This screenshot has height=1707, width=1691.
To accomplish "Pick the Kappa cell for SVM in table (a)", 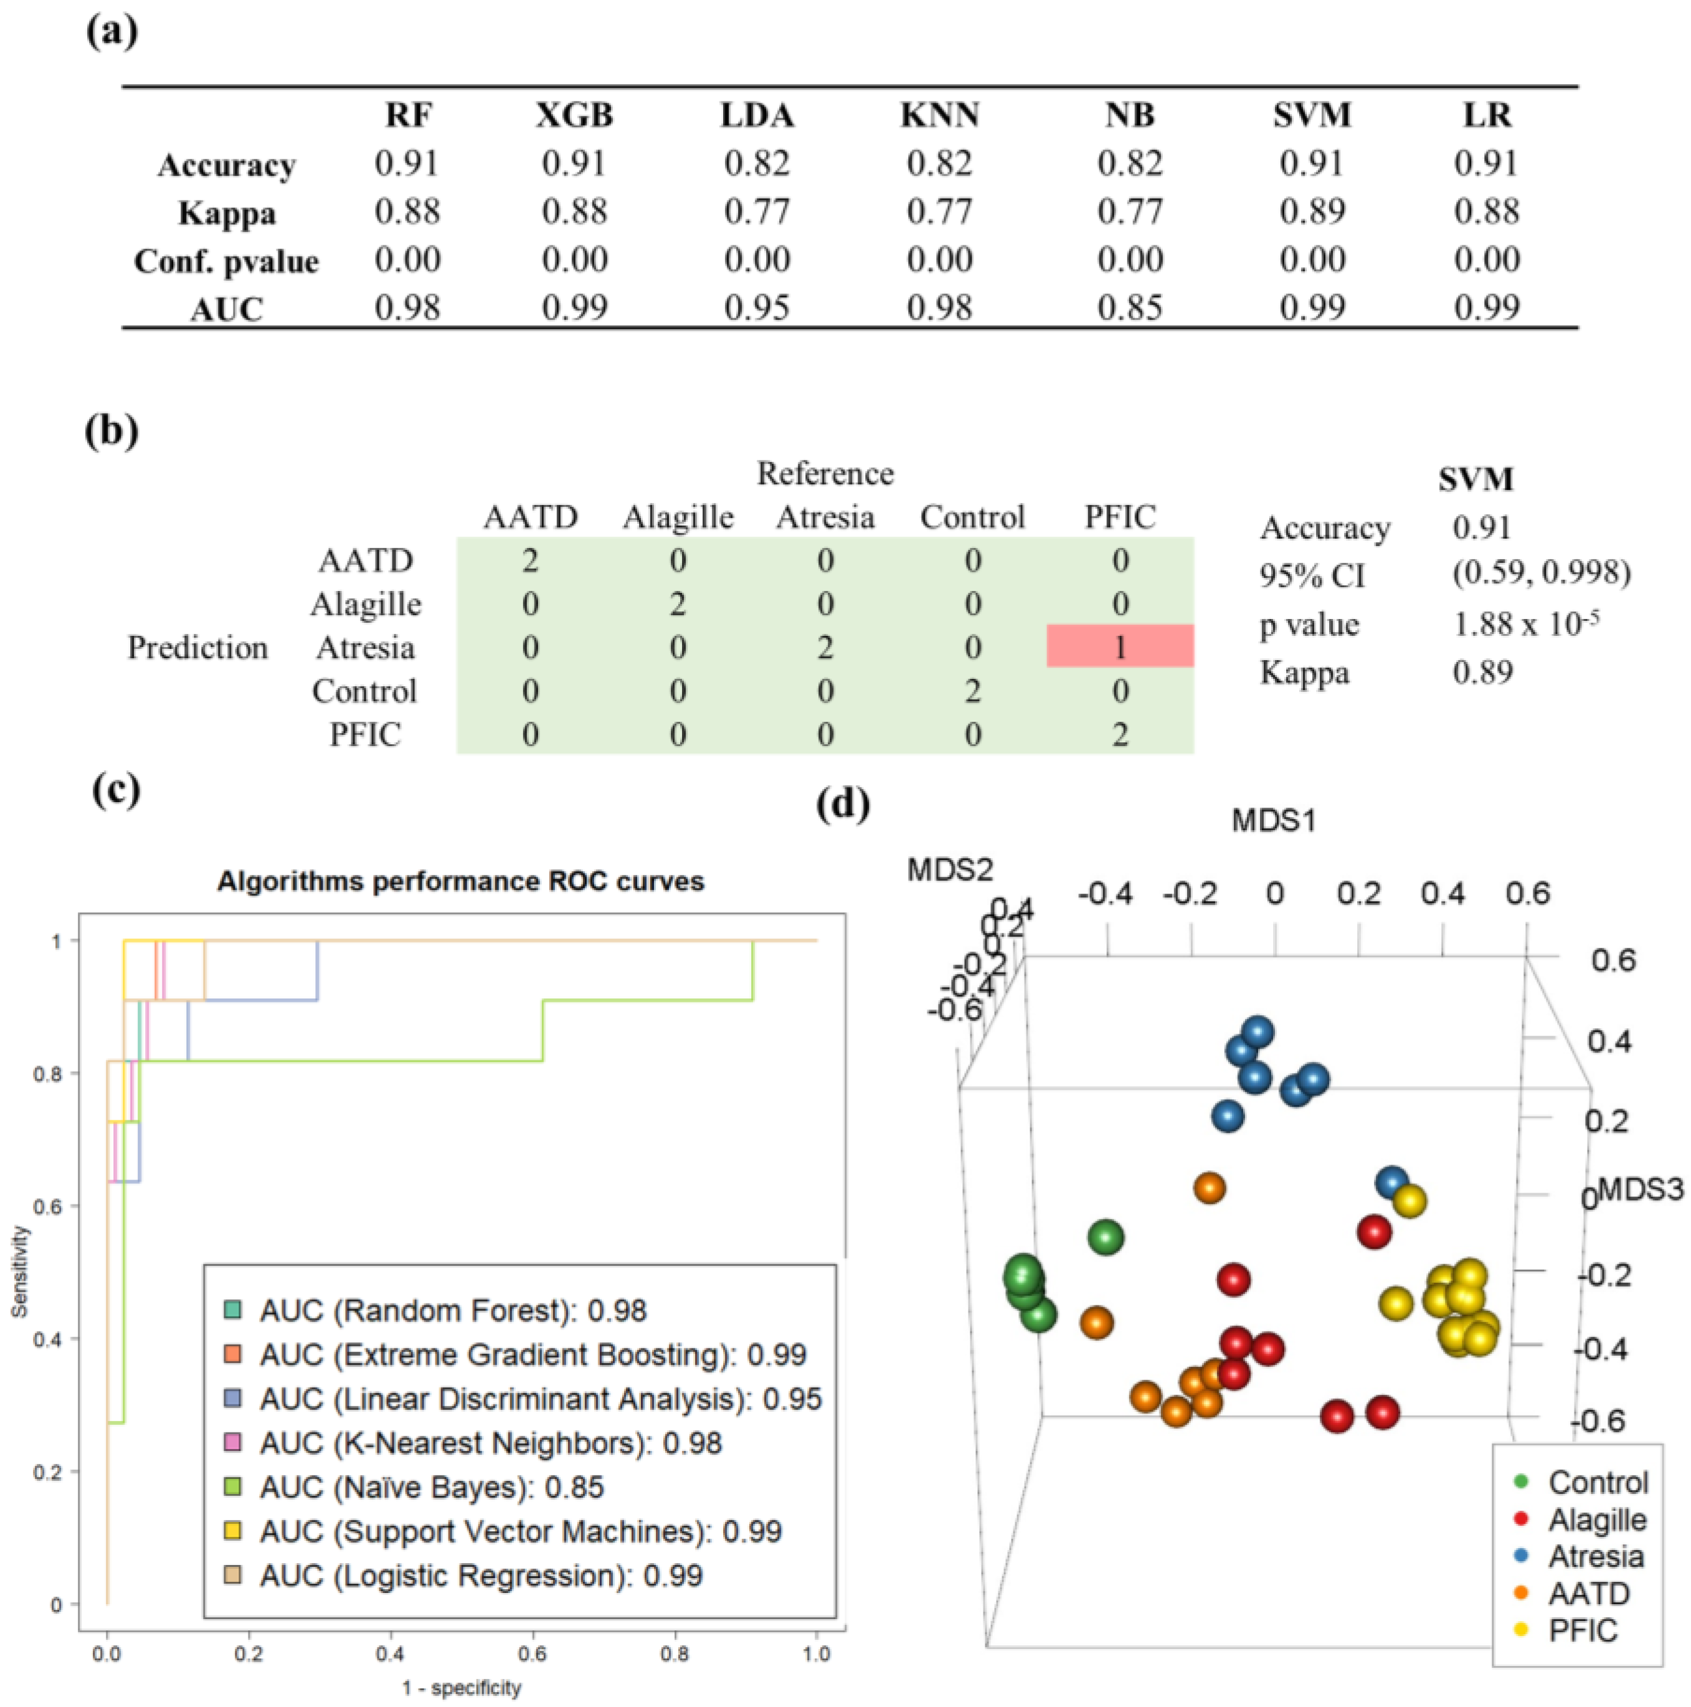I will tap(1311, 211).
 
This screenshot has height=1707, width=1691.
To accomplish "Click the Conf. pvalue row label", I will tap(226, 262).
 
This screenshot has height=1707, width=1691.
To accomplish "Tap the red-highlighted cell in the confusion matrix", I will tap(1119, 647).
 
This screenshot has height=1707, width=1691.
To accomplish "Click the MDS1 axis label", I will tap(1273, 821).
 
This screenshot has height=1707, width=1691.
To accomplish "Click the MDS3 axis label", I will tap(1641, 1190).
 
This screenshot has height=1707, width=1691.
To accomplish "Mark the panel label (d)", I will tap(844, 803).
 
